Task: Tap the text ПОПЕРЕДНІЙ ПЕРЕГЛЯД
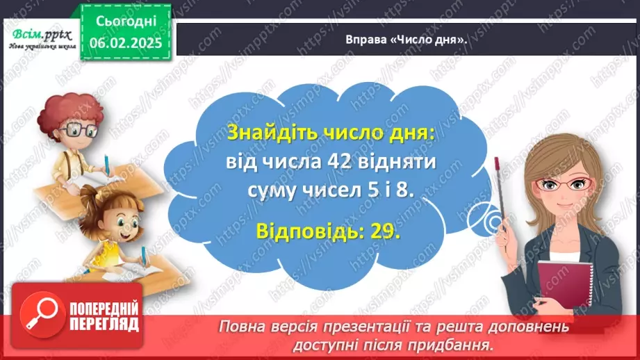104,316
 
